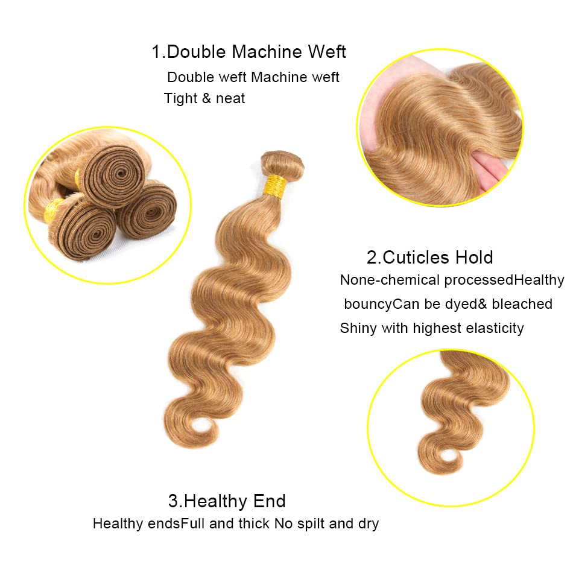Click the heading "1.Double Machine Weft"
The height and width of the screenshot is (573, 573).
tap(249, 52)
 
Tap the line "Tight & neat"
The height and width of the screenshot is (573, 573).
tap(204, 98)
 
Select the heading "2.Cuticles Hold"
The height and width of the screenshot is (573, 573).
tap(429, 258)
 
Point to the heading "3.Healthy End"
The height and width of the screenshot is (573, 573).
tap(227, 501)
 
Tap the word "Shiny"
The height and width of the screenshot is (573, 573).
tap(358, 328)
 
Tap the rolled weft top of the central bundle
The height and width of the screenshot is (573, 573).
tap(282, 162)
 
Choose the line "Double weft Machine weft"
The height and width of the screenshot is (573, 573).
tap(253, 77)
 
